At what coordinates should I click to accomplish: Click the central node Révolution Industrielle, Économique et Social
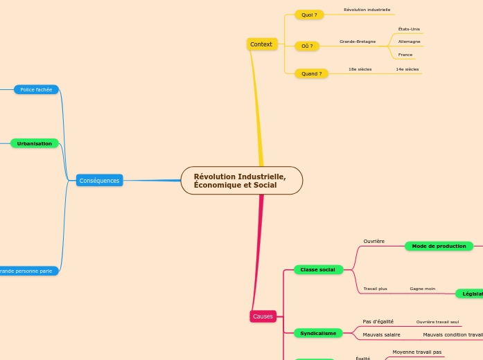pyautogui.click(x=241, y=181)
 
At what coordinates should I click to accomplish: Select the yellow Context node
pyautogui.click(x=261, y=44)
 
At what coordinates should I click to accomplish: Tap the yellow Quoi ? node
pyautogui.click(x=309, y=15)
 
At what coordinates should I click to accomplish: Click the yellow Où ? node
pyautogui.click(x=307, y=46)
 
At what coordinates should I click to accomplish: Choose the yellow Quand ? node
pyautogui.click(x=311, y=73)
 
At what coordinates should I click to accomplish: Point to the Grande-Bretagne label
pyautogui.click(x=358, y=42)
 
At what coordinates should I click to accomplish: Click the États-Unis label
pyautogui.click(x=409, y=29)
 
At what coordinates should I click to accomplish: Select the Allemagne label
pyautogui.click(x=409, y=42)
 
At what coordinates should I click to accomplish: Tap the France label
pyautogui.click(x=405, y=55)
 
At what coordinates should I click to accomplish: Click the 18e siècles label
pyautogui.click(x=360, y=69)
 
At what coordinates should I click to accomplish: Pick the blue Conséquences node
pyautogui.click(x=99, y=181)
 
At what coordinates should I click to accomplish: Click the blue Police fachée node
pyautogui.click(x=36, y=89)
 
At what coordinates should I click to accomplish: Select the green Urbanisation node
pyautogui.click(x=35, y=143)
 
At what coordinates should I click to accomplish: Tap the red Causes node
pyautogui.click(x=263, y=316)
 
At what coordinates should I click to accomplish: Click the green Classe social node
pyautogui.click(x=317, y=269)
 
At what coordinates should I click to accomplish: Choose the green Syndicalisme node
pyautogui.click(x=318, y=333)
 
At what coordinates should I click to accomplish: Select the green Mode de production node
pyautogui.click(x=439, y=246)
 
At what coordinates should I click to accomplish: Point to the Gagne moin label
pyautogui.click(x=422, y=289)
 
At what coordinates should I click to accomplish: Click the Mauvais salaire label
pyautogui.click(x=381, y=334)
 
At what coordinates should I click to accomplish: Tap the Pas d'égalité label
pyautogui.click(x=378, y=321)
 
